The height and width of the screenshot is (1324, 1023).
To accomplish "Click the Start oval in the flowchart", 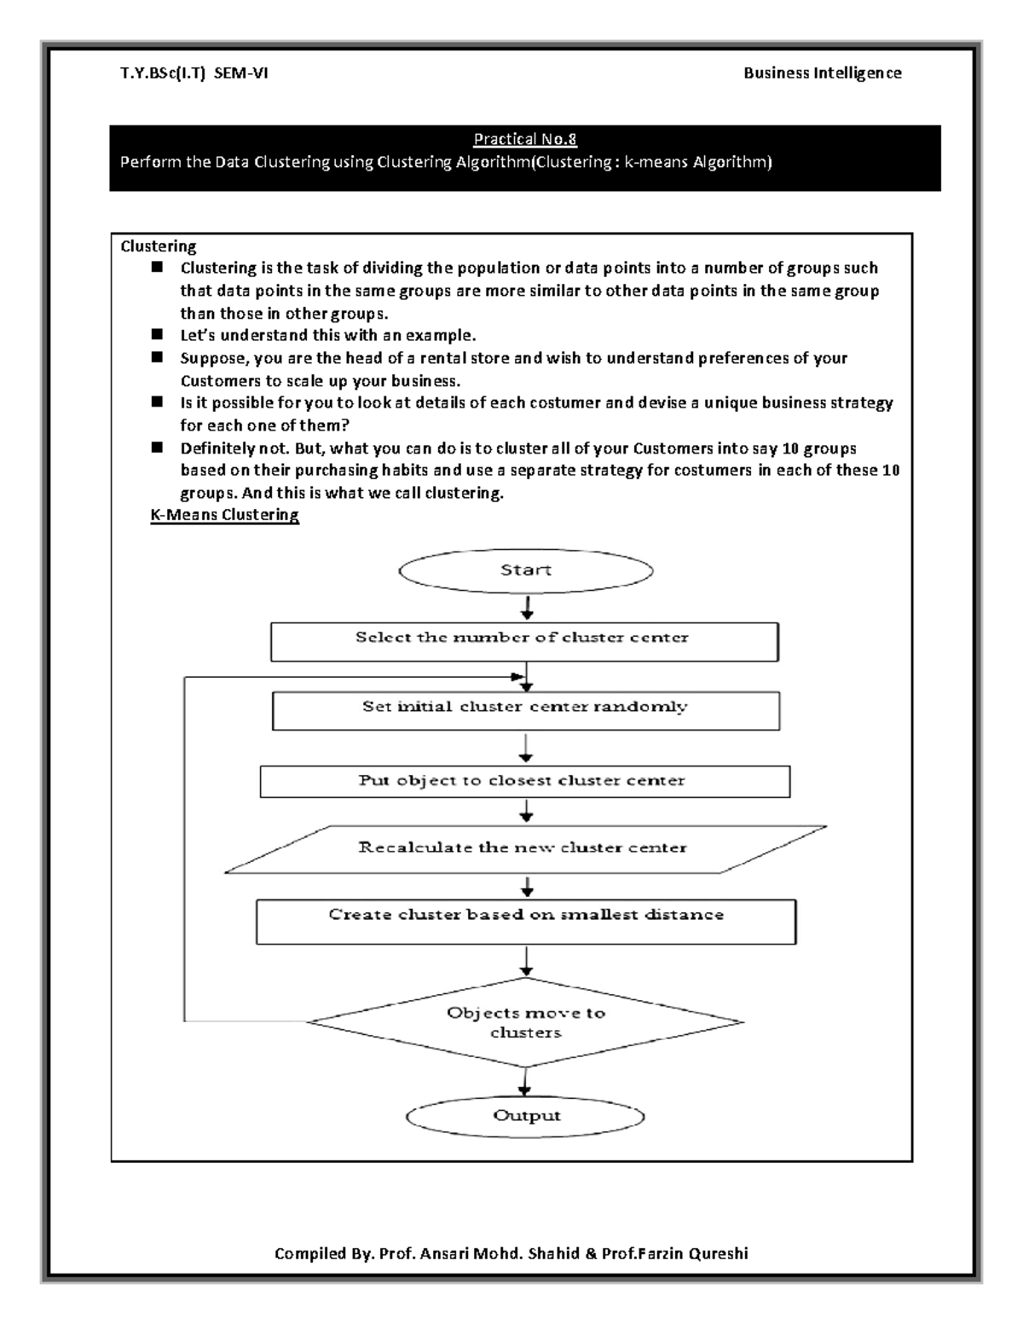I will pos(526,570).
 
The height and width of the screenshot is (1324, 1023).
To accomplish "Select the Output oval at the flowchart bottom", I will pos(526,1116).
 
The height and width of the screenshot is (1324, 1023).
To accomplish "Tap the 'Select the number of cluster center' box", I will pos(524,641).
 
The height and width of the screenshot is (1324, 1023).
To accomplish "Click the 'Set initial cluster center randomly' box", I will pos(525,710).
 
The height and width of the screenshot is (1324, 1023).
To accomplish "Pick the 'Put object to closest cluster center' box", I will pos(524,781).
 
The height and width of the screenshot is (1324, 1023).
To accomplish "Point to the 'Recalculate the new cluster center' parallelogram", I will pos(524,848).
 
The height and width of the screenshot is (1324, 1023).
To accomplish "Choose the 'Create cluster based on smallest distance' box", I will pos(526,921).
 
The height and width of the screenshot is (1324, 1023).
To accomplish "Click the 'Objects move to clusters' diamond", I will pos(525,1022).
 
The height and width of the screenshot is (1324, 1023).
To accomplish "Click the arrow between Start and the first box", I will pos(528,607).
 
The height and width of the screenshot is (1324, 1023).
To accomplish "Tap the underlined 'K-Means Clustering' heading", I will pos(224,515).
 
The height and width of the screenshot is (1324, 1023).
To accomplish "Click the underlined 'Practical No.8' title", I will pos(525,139).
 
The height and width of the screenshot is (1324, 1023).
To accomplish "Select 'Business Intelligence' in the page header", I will pos(822,73).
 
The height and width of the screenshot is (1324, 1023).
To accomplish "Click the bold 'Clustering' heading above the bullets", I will pos(159,246).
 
